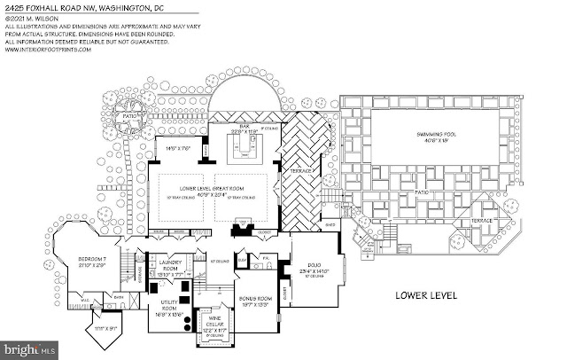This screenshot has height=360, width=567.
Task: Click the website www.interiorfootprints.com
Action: (48, 50)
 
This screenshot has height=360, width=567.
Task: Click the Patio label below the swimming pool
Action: (410, 191)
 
